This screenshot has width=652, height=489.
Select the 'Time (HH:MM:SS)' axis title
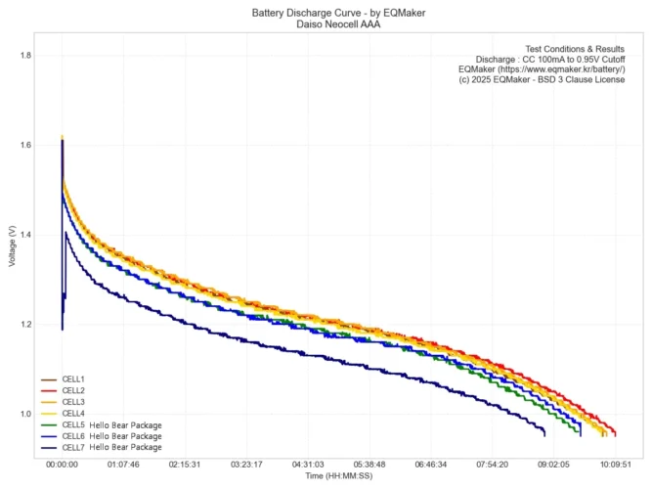(x=337, y=475)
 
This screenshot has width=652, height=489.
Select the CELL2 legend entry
(x=74, y=390)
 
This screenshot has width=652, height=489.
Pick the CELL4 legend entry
(x=74, y=414)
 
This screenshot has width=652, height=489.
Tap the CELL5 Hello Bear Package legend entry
(x=110, y=425)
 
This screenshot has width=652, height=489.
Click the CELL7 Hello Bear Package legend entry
(x=110, y=447)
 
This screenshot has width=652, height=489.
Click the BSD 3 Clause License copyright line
(x=542, y=80)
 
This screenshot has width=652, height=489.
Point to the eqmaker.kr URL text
(x=542, y=69)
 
